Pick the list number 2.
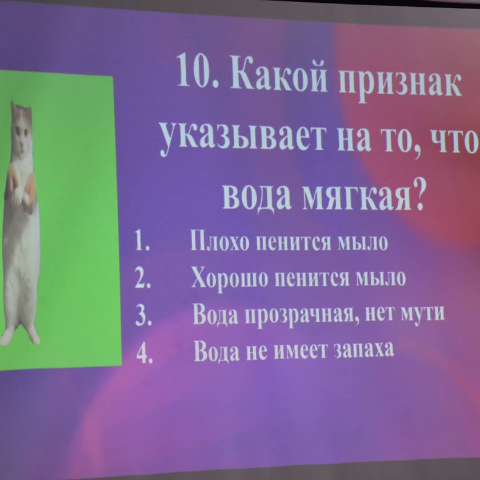tap(143, 278)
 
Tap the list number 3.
tap(143, 315)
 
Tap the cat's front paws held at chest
tap(20, 190)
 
